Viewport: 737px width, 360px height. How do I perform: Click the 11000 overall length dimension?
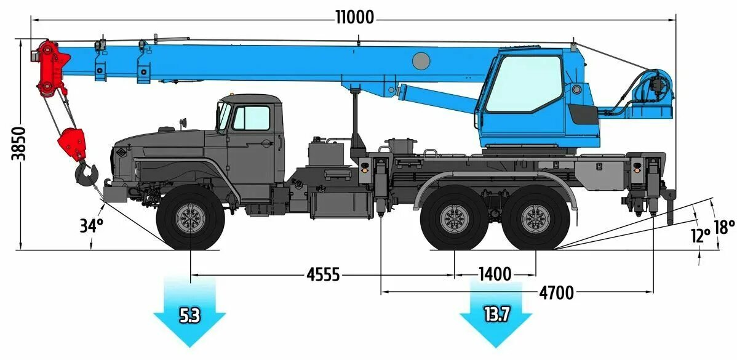[355, 17]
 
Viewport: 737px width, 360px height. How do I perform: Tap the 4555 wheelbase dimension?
[323, 274]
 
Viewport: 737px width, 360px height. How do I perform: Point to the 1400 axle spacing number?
[495, 274]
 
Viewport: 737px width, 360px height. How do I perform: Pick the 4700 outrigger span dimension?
[556, 293]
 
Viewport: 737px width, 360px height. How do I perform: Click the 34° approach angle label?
[90, 226]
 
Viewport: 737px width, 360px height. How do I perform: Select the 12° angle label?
[700, 235]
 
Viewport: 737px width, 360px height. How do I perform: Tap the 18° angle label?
[724, 227]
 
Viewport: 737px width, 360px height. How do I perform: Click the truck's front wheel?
[191, 218]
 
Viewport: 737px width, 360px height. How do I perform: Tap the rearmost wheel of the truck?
[536, 219]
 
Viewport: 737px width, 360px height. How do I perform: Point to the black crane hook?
[86, 173]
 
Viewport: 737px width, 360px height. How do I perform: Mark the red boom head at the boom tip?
[50, 68]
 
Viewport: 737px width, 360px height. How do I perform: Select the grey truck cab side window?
[251, 118]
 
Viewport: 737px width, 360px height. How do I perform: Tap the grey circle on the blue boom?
[421, 60]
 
